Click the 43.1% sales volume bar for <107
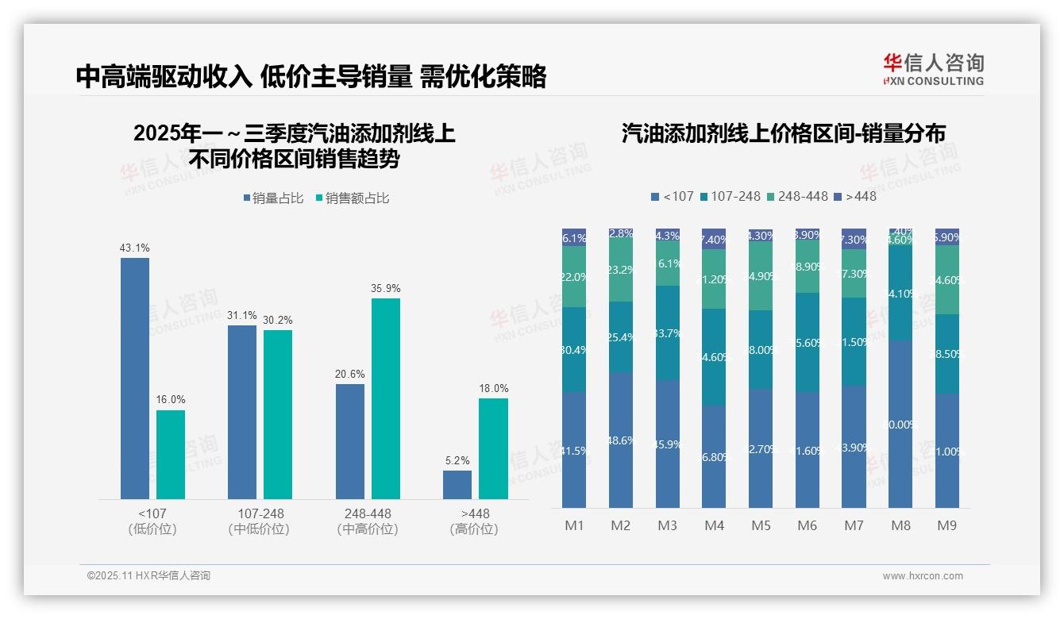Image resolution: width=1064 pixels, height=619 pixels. (135, 379)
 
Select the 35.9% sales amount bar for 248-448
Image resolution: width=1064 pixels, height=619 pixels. (386, 398)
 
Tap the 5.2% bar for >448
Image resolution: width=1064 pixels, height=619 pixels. (457, 485)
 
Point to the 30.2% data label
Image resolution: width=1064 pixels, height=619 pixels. (278, 321)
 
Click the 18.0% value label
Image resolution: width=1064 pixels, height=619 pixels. (494, 388)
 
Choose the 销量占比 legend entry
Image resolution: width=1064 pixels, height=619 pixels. (273, 198)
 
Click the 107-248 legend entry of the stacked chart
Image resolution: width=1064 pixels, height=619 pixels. (730, 196)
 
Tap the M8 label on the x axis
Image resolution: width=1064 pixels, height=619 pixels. (900, 526)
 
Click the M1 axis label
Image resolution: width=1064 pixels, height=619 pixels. (574, 526)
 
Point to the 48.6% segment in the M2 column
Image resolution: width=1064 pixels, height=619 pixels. (621, 440)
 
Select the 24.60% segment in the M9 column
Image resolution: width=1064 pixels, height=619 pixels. (947, 279)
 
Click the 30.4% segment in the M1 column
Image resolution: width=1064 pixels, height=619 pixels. (574, 349)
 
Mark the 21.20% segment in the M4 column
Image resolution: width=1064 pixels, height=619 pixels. (714, 279)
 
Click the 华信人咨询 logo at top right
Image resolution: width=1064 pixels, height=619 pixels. (933, 69)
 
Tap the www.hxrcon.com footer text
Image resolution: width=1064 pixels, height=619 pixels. (923, 576)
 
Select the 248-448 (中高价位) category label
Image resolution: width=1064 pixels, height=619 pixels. (368, 521)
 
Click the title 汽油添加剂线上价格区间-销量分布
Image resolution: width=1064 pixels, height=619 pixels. (783, 133)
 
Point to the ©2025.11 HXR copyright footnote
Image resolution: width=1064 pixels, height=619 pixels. (148, 576)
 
